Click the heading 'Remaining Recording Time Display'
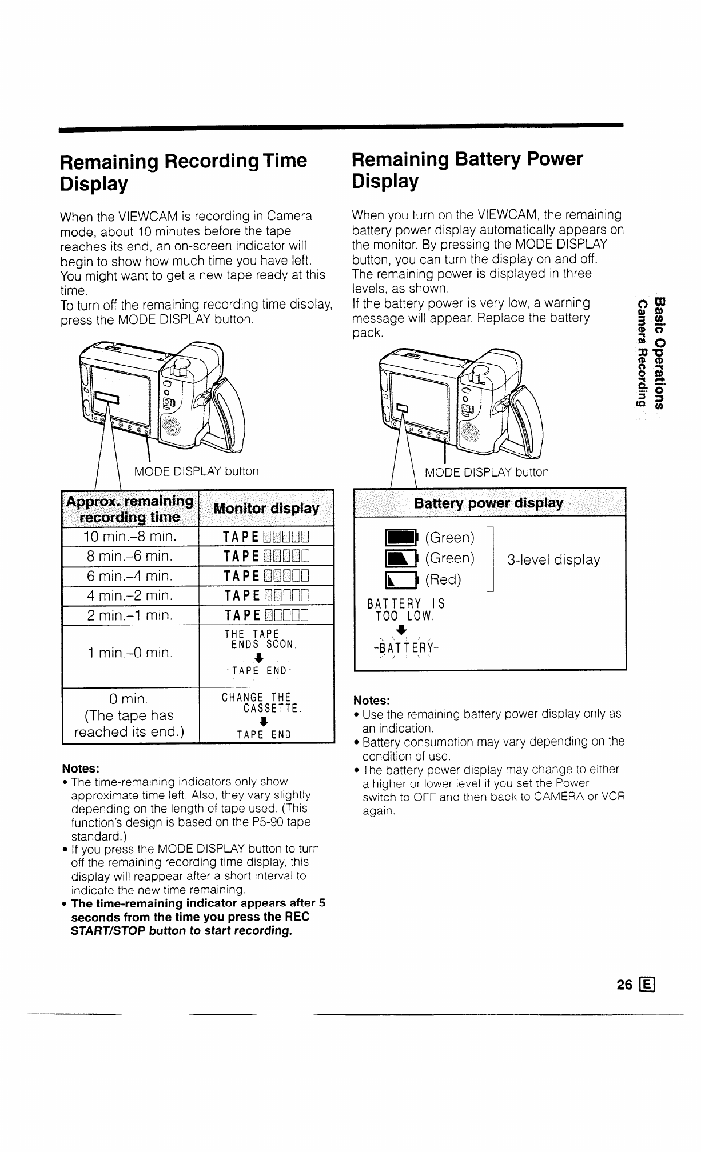point(183,172)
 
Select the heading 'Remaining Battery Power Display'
point(467,170)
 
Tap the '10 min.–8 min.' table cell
point(130,537)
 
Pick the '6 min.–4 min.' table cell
point(130,576)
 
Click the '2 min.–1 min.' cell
point(130,615)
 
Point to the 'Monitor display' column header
point(266,508)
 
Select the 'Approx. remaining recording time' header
point(130,509)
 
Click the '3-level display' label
point(553,560)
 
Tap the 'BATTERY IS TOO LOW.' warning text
point(405,610)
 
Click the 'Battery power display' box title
point(489,503)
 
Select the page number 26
point(624,984)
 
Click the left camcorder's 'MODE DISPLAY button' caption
point(196,471)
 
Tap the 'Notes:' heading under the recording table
point(81,767)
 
